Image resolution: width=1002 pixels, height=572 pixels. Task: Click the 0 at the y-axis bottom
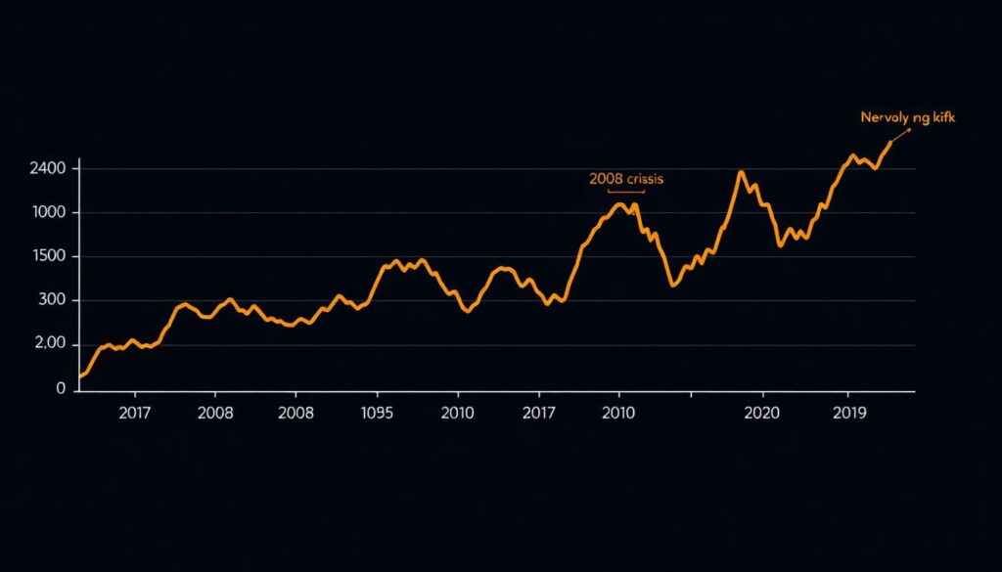click(61, 388)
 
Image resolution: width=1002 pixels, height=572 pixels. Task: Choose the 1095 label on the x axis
click(377, 413)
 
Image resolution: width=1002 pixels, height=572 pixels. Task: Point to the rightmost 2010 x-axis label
click(617, 413)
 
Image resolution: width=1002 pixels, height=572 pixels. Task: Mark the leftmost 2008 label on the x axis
click(215, 413)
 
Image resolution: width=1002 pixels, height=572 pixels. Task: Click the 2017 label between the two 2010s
click(538, 413)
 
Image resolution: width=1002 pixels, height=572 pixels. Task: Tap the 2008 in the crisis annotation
click(606, 179)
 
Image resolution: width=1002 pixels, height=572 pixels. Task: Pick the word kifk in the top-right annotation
click(943, 117)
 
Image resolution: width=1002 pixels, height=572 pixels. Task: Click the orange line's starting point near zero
click(80, 376)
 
